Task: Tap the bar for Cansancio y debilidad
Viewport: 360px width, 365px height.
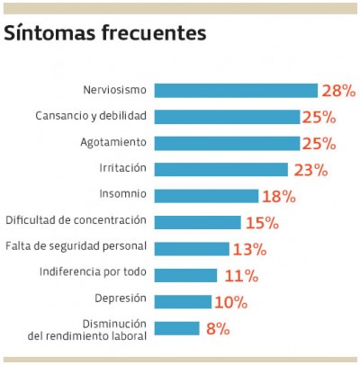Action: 226,117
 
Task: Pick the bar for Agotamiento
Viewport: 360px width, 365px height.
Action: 226,143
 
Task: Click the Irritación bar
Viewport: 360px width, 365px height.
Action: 220,169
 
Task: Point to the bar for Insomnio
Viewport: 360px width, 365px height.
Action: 206,195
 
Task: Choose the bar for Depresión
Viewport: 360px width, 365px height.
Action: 183,301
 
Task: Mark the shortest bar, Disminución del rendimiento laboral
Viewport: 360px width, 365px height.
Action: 176,328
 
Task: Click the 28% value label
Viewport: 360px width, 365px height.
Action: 339,90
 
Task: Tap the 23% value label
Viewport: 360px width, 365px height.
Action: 310,169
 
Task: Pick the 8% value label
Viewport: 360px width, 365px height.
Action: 218,328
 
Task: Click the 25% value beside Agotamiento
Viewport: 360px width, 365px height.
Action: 319,143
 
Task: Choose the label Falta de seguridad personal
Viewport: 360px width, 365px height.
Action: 76,246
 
